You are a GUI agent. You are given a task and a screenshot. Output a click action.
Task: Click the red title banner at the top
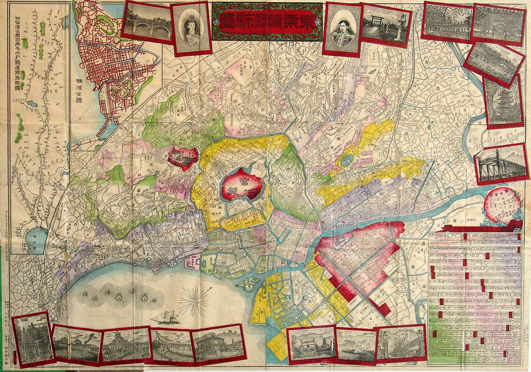(x=267, y=21)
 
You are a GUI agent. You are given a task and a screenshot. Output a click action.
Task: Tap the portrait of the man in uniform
(x=342, y=28)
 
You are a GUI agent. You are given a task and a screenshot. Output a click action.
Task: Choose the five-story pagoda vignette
(x=503, y=101)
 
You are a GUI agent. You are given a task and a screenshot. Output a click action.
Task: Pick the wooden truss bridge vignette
(x=501, y=163)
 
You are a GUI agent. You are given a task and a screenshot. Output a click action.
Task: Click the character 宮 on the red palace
(x=238, y=183)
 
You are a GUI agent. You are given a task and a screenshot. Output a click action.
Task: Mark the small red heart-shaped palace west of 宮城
(x=182, y=158)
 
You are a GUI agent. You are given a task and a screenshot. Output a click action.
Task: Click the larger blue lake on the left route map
(x=37, y=239)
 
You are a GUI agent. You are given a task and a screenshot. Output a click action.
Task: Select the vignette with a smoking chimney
(x=78, y=344)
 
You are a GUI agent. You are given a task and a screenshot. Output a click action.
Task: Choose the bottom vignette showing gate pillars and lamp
(x=401, y=342)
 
